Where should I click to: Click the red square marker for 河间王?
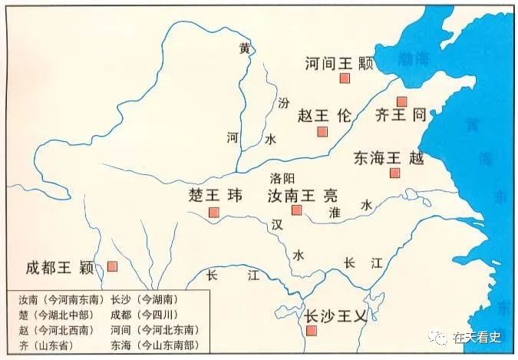click(x=345, y=78)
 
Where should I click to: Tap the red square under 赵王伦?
click(x=322, y=131)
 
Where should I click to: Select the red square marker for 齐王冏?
click(x=401, y=101)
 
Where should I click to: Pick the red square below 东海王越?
click(x=394, y=173)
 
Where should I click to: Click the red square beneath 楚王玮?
click(x=214, y=212)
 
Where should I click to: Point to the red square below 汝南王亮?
click(x=297, y=210)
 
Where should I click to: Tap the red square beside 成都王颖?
click(x=112, y=266)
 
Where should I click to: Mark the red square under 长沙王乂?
click(x=312, y=331)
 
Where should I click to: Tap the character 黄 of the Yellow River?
click(x=244, y=48)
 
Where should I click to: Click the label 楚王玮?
click(x=215, y=194)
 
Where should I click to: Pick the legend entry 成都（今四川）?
click(x=147, y=315)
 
